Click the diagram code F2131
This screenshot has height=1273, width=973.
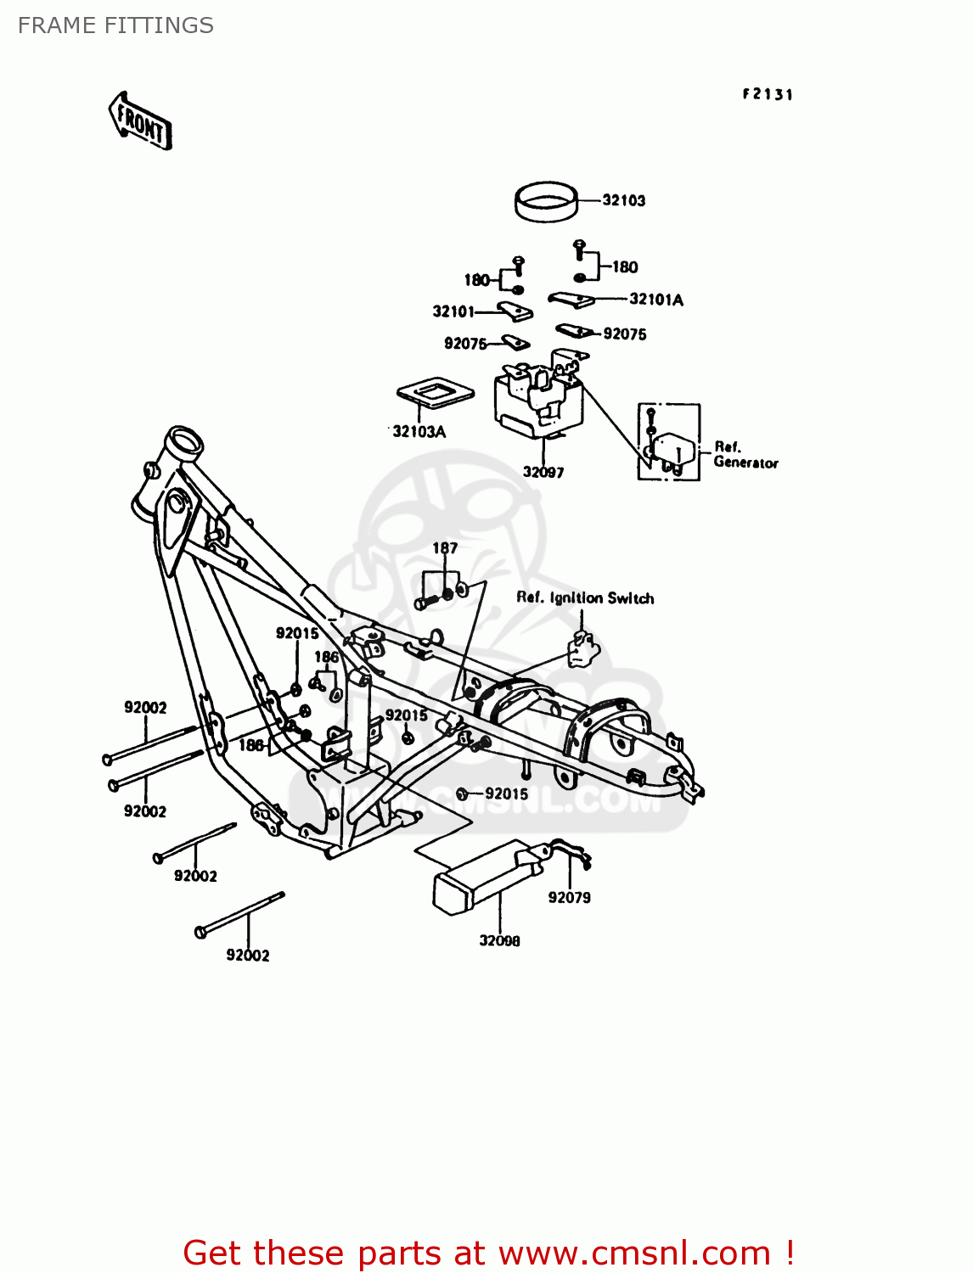tap(768, 94)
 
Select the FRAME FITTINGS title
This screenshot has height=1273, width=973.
tap(115, 25)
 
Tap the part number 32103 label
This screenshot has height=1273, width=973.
tap(624, 200)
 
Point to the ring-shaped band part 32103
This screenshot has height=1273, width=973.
tap(547, 202)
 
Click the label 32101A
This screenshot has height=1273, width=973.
tap(656, 299)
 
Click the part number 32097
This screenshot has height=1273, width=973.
tap(543, 472)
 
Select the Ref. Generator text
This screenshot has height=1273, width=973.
tap(745, 455)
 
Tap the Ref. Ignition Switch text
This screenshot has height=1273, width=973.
tap(585, 597)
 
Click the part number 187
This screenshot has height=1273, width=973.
tap(445, 548)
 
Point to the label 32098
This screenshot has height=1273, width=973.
tap(499, 940)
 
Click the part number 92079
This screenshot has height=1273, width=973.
tap(569, 897)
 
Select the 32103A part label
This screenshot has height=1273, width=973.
tap(419, 431)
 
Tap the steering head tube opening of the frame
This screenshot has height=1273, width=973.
tap(184, 442)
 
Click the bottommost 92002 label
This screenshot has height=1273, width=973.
tap(247, 955)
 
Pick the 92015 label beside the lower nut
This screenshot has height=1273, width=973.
tap(506, 794)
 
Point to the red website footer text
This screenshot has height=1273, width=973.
tap(488, 1253)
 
